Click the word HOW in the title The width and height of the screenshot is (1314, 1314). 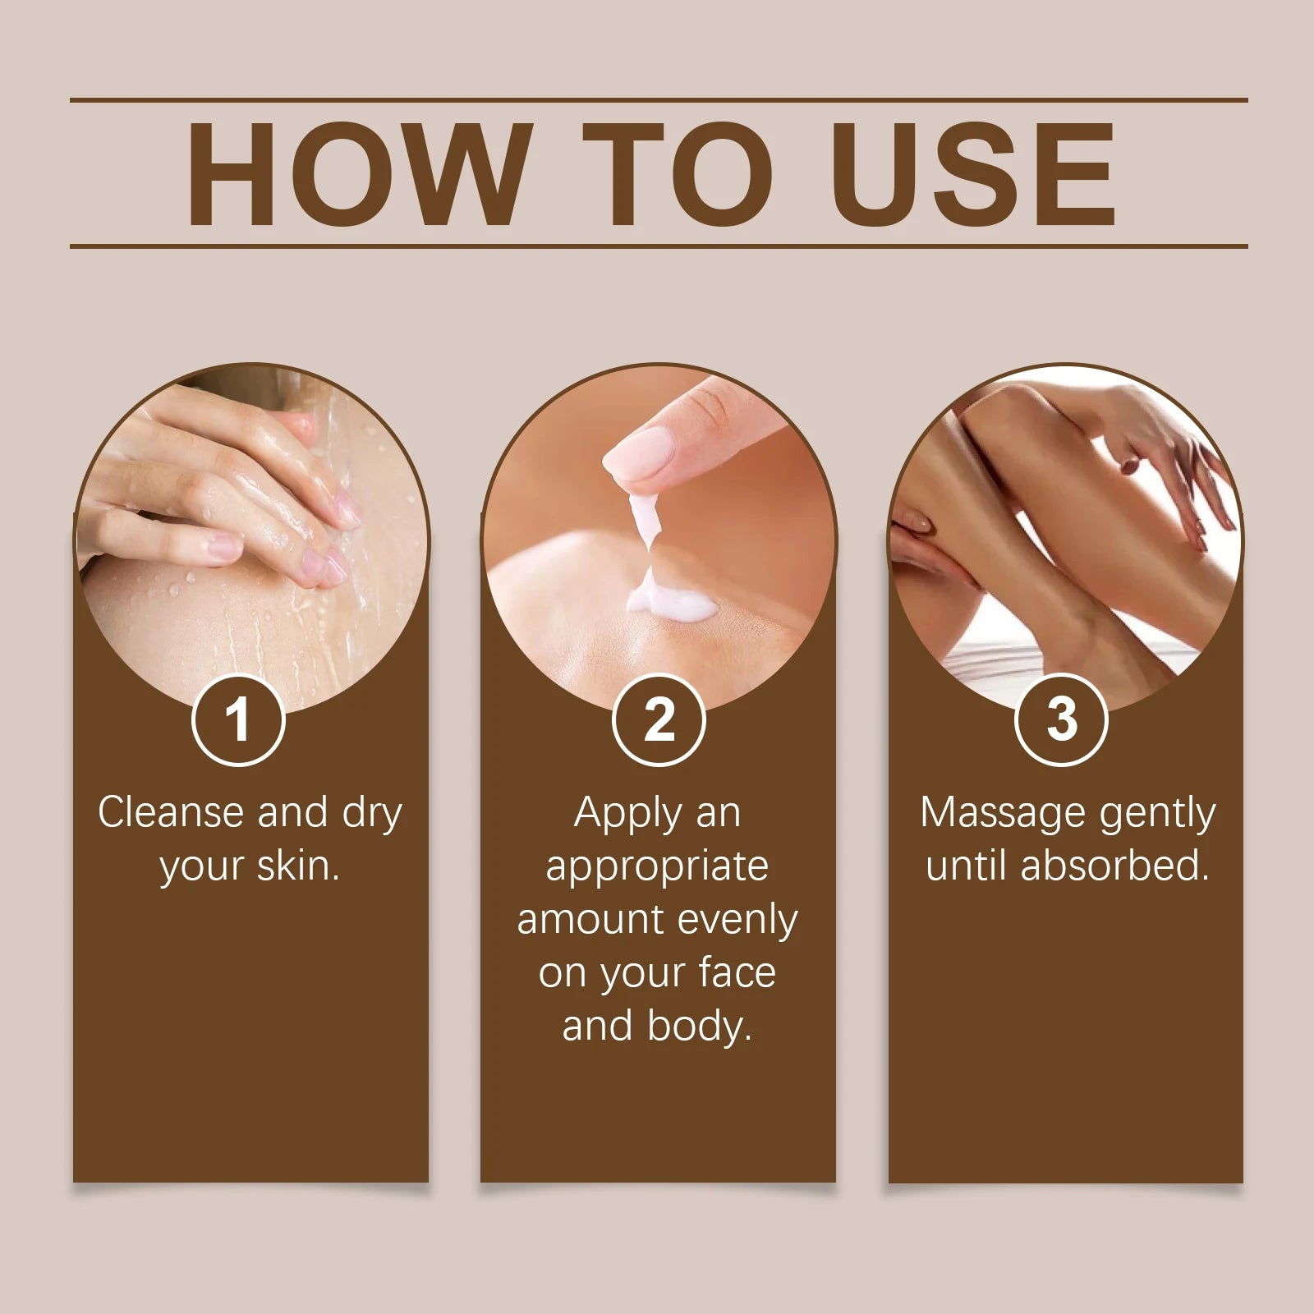click(356, 174)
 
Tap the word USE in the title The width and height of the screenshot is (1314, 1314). click(977, 174)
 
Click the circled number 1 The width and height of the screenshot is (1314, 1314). click(238, 720)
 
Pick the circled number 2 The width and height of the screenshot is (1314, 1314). click(659, 720)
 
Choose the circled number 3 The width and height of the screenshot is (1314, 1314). click(1062, 720)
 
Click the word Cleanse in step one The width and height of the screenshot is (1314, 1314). click(171, 812)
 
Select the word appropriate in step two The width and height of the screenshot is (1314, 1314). click(657, 867)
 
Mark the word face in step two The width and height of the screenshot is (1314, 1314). click(737, 973)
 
